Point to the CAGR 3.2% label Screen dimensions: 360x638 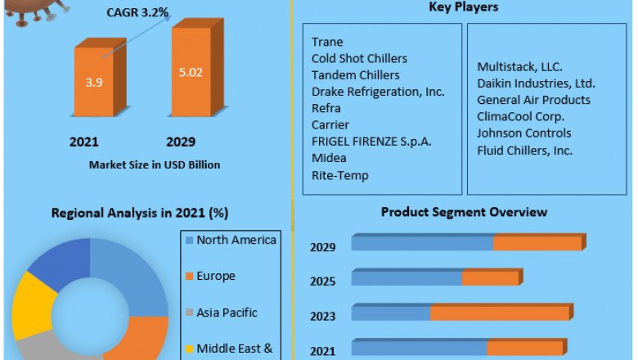[137, 12]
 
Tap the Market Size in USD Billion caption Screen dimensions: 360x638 [154, 164]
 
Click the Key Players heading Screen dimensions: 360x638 [464, 7]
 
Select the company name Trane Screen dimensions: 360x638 [327, 42]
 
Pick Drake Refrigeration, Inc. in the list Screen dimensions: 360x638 [377, 92]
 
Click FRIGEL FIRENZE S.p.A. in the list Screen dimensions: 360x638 [371, 142]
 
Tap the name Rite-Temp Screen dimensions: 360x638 [339, 175]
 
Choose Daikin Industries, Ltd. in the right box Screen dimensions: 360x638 [536, 83]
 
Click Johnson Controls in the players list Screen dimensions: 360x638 [524, 133]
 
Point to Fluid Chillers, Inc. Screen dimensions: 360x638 [524, 150]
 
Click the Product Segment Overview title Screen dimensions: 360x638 [464, 212]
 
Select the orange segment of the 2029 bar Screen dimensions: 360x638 [537, 243]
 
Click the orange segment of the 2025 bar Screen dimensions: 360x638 [490, 279]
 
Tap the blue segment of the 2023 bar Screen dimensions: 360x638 [391, 313]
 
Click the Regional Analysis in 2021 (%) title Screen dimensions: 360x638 [140, 213]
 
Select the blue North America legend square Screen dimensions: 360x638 [189, 241]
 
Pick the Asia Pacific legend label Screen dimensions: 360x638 [227, 312]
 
